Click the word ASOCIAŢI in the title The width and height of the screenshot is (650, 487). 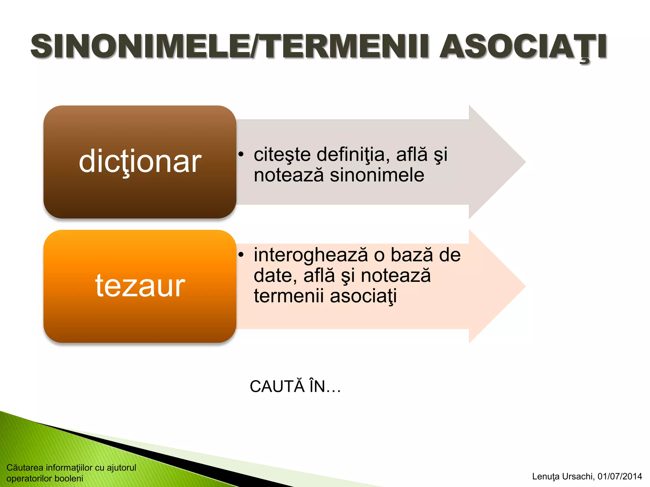tap(523, 47)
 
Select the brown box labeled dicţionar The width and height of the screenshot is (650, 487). tap(140, 162)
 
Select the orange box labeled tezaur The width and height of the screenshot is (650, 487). tap(140, 286)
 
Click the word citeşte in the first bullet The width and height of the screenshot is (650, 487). tap(282, 154)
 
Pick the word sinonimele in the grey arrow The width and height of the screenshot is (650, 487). tap(377, 175)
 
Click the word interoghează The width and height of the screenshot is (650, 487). tap(311, 255)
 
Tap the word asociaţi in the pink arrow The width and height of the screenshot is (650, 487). tap(363, 296)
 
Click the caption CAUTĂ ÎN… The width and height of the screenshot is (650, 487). tap(295, 386)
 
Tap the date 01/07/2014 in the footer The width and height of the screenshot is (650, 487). tap(620, 476)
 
